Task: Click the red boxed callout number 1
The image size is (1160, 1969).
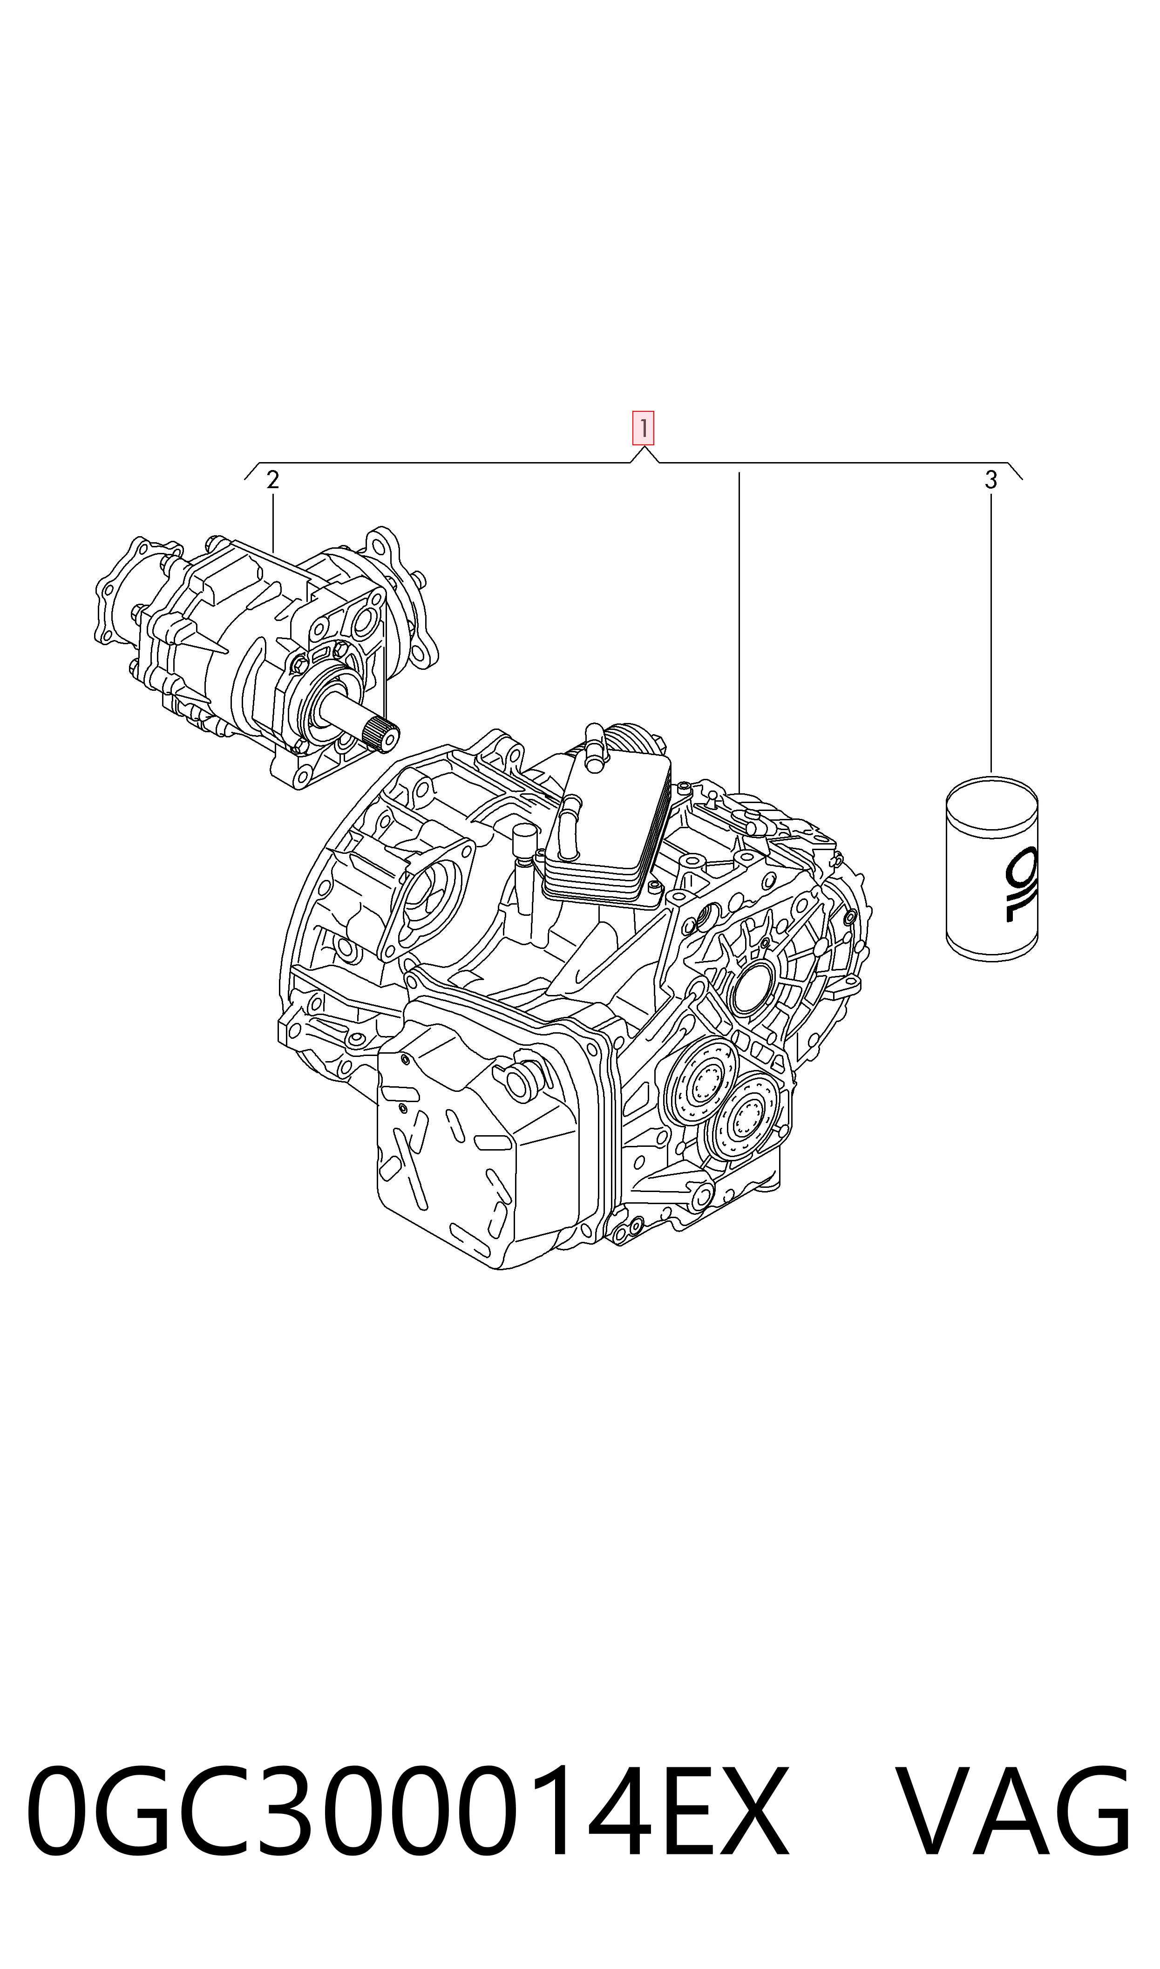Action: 643,429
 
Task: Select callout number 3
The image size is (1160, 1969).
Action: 991,480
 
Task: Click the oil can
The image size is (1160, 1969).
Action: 992,868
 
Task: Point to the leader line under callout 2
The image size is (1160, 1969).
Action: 273,524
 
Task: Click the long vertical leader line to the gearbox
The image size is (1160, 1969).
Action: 739,633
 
